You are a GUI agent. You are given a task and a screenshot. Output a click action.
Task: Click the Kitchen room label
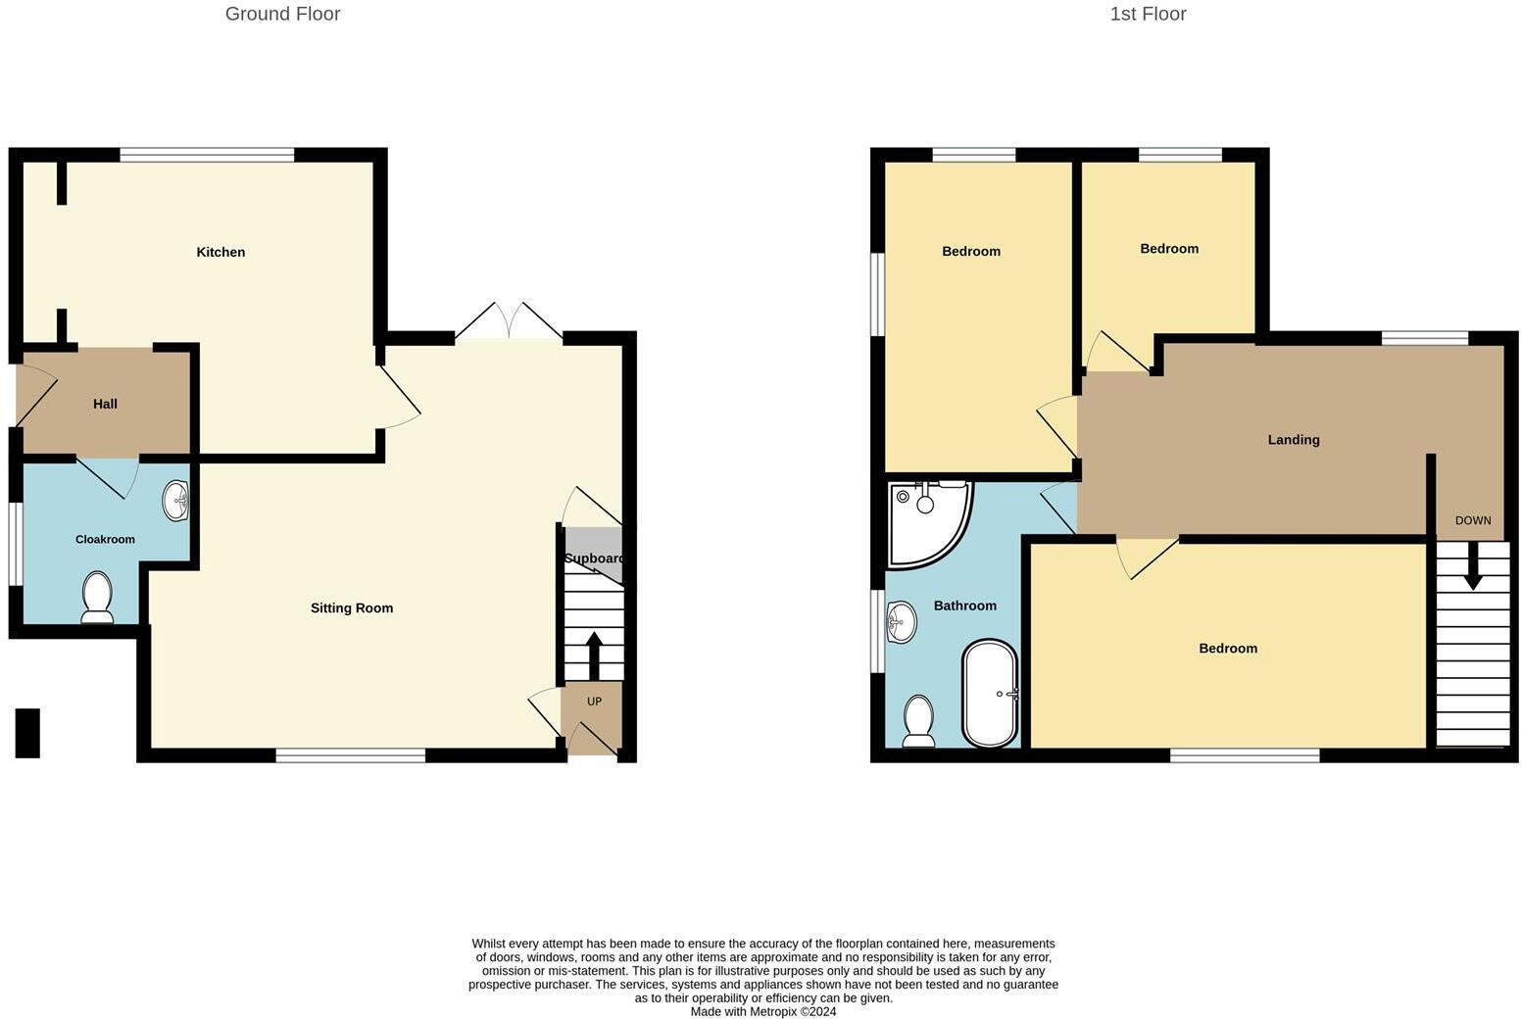(x=221, y=252)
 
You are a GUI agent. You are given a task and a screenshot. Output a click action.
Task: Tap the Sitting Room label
(x=352, y=607)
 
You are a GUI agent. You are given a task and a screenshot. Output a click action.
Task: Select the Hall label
(x=105, y=404)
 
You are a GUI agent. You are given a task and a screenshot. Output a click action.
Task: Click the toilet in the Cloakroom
(x=97, y=598)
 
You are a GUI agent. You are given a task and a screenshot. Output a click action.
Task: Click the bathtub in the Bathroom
(x=991, y=694)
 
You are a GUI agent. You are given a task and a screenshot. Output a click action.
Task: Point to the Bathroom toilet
(x=918, y=721)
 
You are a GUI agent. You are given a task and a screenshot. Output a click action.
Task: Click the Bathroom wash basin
(x=901, y=620)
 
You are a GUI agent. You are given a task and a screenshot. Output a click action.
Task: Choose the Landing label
(x=1294, y=440)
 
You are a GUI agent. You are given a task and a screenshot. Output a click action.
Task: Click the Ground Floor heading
(x=282, y=14)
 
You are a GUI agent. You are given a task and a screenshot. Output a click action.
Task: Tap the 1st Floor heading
(x=1148, y=14)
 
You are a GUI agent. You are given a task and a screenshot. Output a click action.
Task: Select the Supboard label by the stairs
(x=594, y=558)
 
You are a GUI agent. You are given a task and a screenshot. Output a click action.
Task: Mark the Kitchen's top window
(x=207, y=154)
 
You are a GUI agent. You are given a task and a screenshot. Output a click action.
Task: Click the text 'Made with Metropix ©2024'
(x=763, y=1011)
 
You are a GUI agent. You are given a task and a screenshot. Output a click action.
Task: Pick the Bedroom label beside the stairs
(x=1228, y=648)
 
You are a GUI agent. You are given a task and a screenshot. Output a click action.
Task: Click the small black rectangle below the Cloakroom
(x=27, y=733)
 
